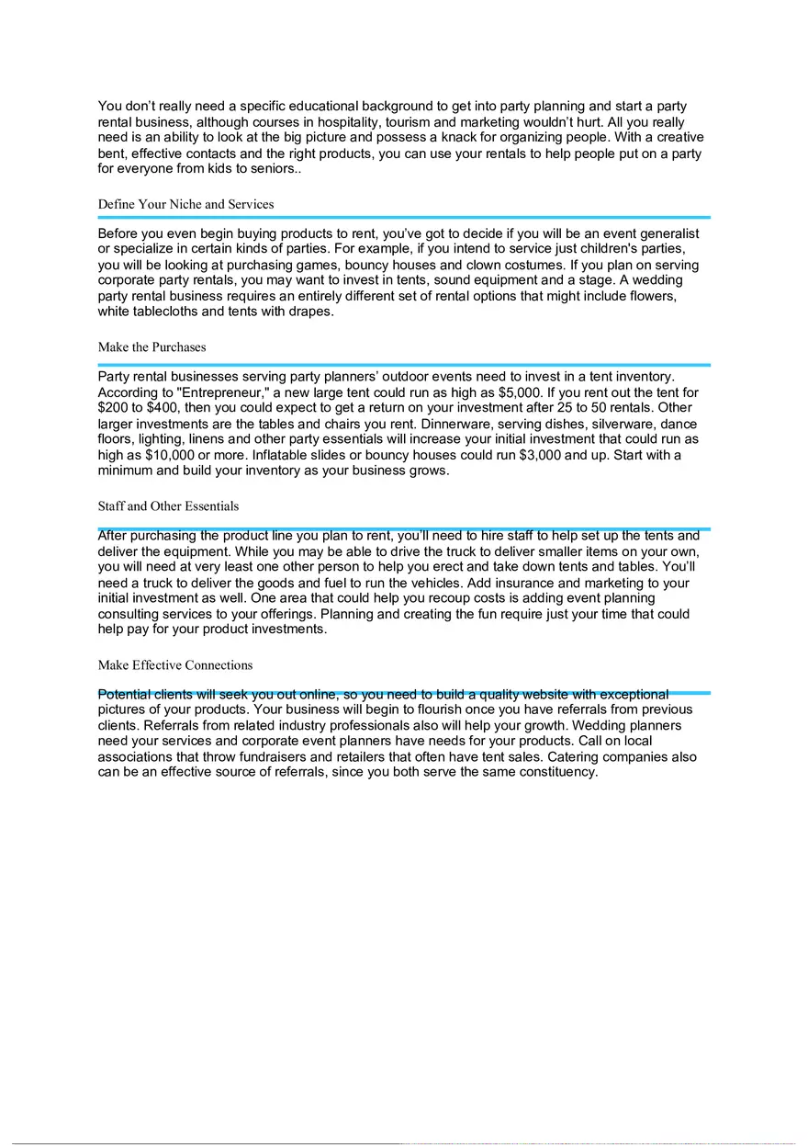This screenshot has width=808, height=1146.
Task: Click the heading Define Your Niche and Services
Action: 185,204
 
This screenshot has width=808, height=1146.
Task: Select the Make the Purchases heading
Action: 151,347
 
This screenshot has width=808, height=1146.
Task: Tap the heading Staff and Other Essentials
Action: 168,506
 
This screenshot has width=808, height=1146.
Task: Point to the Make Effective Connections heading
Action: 174,665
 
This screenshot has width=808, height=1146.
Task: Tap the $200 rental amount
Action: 115,408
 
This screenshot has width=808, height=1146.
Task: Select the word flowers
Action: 675,297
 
